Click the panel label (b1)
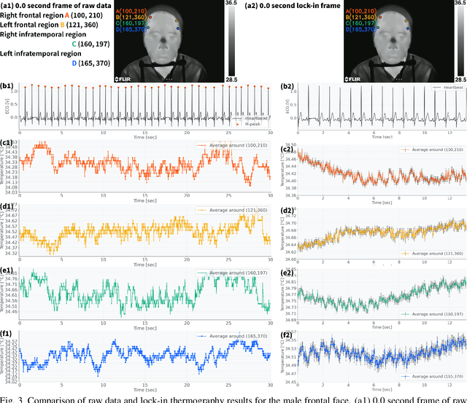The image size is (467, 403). point(9,86)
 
